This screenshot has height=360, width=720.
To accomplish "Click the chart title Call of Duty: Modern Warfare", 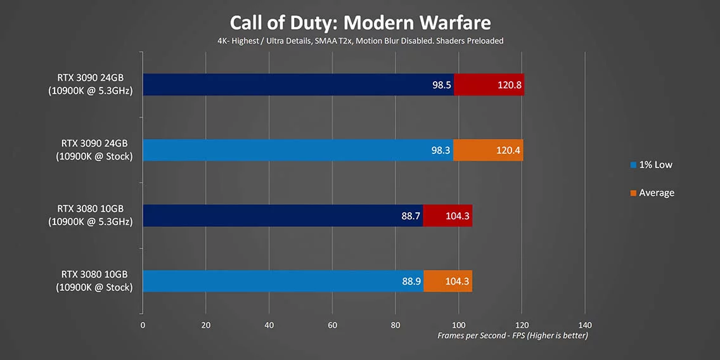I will [x=360, y=23].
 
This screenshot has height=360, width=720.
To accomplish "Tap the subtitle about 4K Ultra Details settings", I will [x=360, y=41].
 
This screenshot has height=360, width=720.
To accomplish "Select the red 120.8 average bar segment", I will [x=489, y=84].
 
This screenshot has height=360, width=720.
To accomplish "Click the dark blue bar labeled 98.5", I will [x=298, y=84].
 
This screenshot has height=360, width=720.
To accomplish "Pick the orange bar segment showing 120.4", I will [x=488, y=150].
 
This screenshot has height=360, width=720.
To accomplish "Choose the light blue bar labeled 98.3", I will [x=298, y=150].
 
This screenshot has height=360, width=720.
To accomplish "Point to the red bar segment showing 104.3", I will [x=447, y=216].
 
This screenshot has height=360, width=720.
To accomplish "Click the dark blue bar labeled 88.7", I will [x=283, y=216].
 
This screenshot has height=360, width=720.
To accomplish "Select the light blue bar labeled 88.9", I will [x=283, y=281].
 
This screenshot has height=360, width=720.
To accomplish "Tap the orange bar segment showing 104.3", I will [x=447, y=281].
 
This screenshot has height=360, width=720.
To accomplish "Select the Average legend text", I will [x=656, y=193].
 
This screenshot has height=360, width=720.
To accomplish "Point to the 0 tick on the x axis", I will [x=143, y=325].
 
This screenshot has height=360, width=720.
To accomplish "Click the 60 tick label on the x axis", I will [x=332, y=325].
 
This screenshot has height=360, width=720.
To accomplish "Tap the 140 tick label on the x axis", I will [x=585, y=325].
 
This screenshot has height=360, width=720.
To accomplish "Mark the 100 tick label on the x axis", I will [x=458, y=325].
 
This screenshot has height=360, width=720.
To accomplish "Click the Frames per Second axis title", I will [x=512, y=335].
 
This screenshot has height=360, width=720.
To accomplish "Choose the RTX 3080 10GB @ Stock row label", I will [x=94, y=281].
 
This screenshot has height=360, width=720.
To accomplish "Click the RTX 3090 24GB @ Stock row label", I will [x=94, y=150].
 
